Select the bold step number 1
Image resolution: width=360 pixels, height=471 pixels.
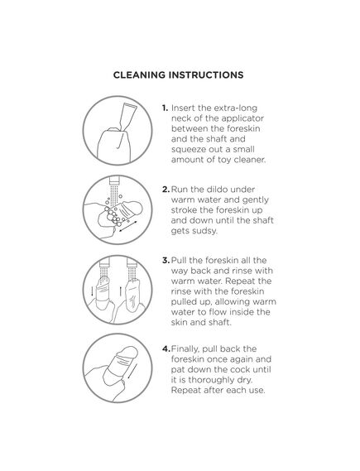click(x=165, y=108)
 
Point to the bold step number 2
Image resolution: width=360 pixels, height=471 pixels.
click(x=166, y=190)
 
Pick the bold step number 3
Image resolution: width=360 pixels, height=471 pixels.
click(x=166, y=261)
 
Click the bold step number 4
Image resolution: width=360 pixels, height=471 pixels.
click(x=166, y=349)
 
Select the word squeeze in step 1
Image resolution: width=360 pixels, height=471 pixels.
click(x=188, y=150)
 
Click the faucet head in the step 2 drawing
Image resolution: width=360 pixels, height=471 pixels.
click(x=114, y=180)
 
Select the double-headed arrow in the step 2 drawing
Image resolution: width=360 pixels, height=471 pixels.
click(x=128, y=227)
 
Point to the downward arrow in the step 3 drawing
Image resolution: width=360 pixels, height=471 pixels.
click(x=92, y=291)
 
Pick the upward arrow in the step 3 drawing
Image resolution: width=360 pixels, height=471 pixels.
click(x=120, y=291)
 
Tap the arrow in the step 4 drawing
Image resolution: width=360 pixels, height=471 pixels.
click(x=132, y=372)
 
